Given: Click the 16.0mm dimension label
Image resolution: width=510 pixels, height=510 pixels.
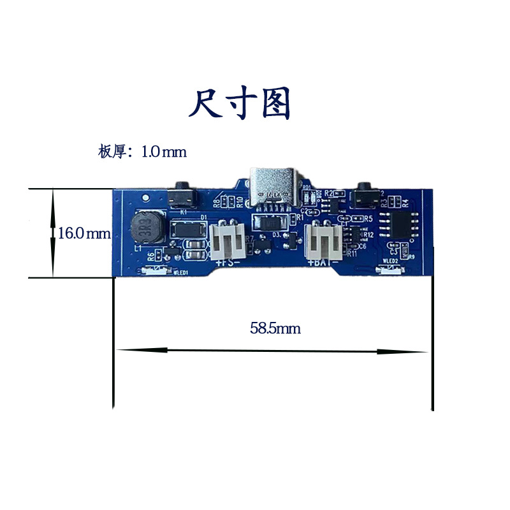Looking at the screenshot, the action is pos(84,233).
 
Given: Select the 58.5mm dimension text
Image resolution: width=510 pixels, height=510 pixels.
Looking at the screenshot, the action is pos(275,329).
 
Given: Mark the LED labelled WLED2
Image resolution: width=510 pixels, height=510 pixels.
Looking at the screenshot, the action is pos(390,270).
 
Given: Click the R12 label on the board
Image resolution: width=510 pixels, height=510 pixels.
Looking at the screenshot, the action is pos(368,235).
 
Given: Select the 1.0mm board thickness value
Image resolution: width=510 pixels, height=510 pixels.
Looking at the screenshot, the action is pos(164,152).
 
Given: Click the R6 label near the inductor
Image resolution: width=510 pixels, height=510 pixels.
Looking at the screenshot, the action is pos(150,256).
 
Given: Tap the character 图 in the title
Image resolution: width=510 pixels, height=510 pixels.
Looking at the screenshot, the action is pos(275,103).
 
